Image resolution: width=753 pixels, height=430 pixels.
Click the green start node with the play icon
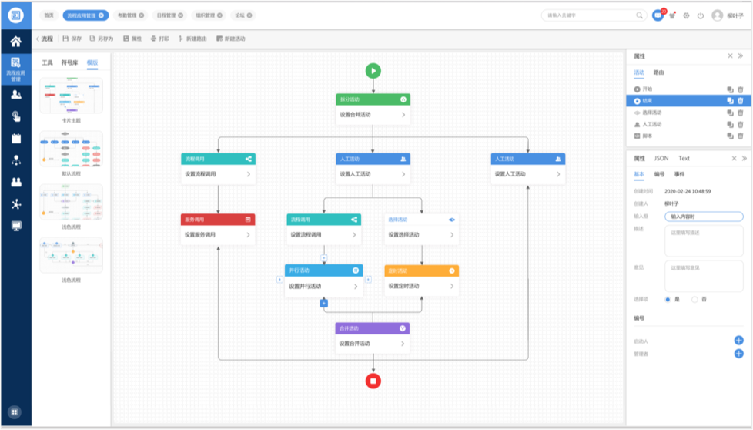pyautogui.click(x=373, y=71)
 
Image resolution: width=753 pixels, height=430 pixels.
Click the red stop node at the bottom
pyautogui.click(x=373, y=380)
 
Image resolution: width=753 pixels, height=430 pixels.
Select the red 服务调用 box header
pyautogui.click(x=218, y=220)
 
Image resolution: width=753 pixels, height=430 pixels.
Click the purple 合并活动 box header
pyautogui.click(x=373, y=328)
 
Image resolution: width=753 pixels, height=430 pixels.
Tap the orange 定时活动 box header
pyautogui.click(x=421, y=270)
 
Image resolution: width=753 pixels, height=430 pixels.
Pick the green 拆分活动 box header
pyautogui.click(x=373, y=99)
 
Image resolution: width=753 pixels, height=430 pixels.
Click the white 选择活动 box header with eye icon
pyautogui.click(x=421, y=220)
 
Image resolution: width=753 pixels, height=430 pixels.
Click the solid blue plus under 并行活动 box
pyautogui.click(x=324, y=303)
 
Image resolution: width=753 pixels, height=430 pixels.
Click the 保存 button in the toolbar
pyautogui.click(x=72, y=39)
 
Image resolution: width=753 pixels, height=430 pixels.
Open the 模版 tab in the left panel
pyautogui.click(x=92, y=62)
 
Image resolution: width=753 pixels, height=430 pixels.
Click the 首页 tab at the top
pyautogui.click(x=49, y=15)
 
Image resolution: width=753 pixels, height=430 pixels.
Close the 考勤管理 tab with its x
pyautogui.click(x=141, y=15)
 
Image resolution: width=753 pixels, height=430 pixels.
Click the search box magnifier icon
pyautogui.click(x=639, y=15)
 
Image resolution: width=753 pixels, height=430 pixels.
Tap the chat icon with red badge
pyautogui.click(x=658, y=15)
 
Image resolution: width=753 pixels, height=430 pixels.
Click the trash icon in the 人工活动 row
pyautogui.click(x=741, y=124)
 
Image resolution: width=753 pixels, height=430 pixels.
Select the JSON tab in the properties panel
pyautogui.click(x=661, y=158)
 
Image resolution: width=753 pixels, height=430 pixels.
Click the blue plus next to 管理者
pyautogui.click(x=738, y=354)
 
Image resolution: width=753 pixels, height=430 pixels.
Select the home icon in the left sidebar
pyautogui.click(x=15, y=42)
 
